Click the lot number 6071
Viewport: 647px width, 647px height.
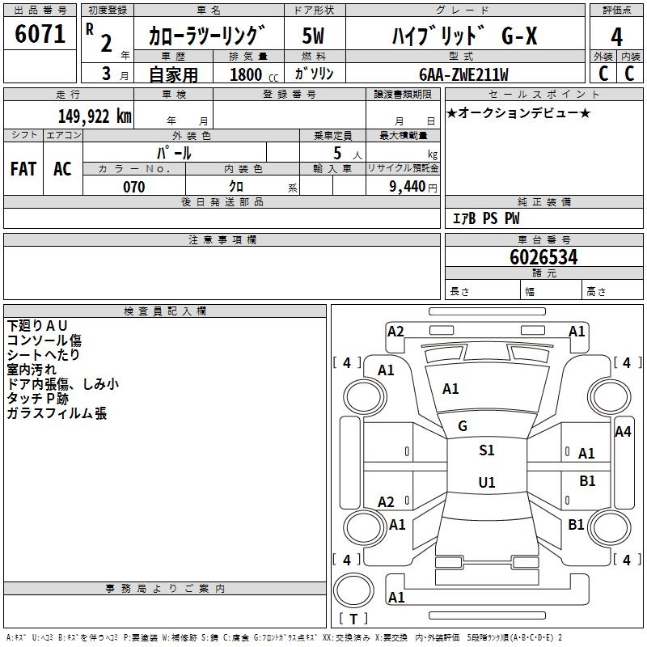[40, 34]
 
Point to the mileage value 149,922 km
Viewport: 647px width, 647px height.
[95, 116]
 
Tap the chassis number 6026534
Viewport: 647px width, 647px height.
[543, 257]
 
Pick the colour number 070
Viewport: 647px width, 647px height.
[133, 187]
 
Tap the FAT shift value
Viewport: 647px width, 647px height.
[23, 169]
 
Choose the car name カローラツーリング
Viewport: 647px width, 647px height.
[206, 36]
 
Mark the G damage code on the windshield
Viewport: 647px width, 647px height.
[463, 426]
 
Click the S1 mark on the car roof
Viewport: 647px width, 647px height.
[486, 450]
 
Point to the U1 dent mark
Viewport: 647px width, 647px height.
[486, 483]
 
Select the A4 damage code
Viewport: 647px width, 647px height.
[622, 432]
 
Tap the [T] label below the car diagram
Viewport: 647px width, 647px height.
[353, 620]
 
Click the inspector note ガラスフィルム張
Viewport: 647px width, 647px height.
[57, 413]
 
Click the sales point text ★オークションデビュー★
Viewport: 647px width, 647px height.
[518, 112]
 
